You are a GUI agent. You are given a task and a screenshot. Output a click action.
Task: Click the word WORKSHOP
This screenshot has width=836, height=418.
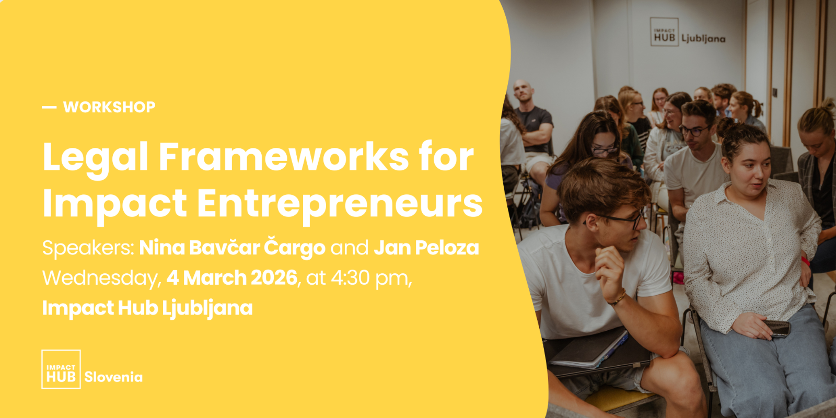[109, 107]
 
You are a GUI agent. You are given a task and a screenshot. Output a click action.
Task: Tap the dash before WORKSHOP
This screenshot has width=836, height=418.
[49, 108]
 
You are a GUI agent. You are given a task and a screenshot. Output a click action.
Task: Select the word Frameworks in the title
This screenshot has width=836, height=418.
[284, 156]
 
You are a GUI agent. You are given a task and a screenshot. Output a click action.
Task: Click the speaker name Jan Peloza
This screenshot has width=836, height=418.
[426, 248]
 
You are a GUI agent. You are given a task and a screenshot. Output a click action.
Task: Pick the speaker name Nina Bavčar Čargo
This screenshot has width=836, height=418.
[232, 247]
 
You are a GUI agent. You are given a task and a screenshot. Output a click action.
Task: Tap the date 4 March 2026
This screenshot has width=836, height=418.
[232, 277]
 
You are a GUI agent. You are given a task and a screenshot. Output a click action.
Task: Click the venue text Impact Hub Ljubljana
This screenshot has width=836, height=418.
[147, 309]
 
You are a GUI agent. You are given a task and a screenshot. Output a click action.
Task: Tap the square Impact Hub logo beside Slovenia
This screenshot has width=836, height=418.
[61, 369]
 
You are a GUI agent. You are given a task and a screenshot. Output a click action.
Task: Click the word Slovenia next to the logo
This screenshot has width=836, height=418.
[113, 377]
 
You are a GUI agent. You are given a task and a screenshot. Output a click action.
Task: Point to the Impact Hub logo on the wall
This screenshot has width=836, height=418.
[664, 32]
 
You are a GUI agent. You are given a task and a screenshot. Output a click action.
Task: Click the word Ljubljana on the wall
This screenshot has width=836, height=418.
[703, 39]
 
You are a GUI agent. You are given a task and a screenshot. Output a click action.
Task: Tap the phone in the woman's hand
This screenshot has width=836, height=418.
[777, 329]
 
